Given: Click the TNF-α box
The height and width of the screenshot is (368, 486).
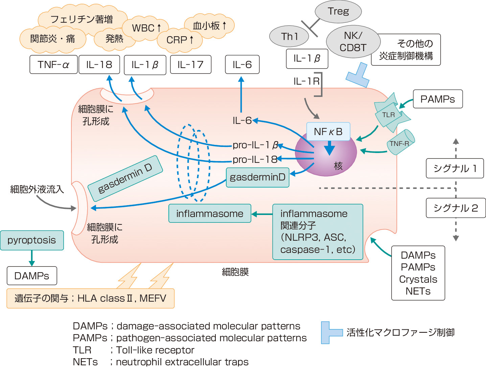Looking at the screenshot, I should pos(53,65).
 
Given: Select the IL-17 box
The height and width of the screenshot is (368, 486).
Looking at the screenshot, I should pos(191,65).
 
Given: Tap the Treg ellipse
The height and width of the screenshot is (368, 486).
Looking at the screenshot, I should pos(338,12).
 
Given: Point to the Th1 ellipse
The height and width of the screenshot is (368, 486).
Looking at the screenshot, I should pos(289,36).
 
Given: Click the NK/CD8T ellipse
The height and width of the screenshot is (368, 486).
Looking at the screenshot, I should pos(353,42).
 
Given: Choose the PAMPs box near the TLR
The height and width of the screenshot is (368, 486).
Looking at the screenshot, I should pos(438,99).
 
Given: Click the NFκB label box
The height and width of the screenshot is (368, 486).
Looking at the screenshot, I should pos(328,132).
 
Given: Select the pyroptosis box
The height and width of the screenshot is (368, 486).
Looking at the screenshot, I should pos(32,240).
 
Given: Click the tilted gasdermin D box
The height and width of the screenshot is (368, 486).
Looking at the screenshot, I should pos(125,178).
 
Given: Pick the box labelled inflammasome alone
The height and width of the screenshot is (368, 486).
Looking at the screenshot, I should pos(210,214).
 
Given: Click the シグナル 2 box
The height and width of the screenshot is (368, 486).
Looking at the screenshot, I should pos(456,208).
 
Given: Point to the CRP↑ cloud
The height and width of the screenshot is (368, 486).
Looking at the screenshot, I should pos(180,40).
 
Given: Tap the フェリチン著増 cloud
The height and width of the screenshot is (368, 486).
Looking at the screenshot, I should pos(82,19).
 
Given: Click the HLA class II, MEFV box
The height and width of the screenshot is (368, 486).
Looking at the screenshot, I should pos(90,298).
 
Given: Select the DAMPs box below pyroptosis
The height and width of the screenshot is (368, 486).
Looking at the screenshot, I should pos(32,276).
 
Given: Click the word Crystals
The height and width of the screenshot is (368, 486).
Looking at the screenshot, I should pos(418,279).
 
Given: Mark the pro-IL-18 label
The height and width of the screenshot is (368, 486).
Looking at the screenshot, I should pos(254,159).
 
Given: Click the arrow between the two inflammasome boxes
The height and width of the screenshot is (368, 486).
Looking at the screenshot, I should pos(262,214).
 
